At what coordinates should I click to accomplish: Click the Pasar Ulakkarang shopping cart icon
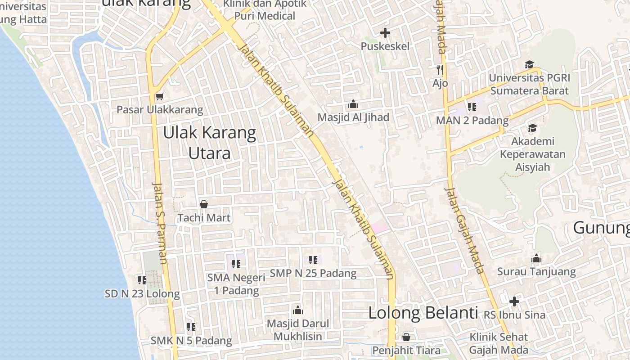pyautogui.click(x=159, y=96)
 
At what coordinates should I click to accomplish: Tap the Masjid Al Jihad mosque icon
pyautogui.click(x=353, y=104)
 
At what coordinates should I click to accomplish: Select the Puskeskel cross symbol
pyautogui.click(x=385, y=33)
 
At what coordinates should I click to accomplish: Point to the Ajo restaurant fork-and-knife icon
pyautogui.click(x=440, y=70)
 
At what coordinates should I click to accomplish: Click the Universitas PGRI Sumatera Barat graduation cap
pyautogui.click(x=529, y=65)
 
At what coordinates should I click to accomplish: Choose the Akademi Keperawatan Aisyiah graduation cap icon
pyautogui.click(x=532, y=128)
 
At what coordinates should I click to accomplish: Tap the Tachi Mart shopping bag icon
pyautogui.click(x=204, y=205)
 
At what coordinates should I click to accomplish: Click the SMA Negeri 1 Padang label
pyautogui.click(x=236, y=284)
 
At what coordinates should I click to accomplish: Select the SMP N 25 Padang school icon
pyautogui.click(x=313, y=260)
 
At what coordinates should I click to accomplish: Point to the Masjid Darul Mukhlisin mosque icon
pyautogui.click(x=297, y=310)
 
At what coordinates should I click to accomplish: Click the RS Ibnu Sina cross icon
pyautogui.click(x=514, y=301)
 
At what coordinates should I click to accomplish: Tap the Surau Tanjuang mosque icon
pyautogui.click(x=536, y=259)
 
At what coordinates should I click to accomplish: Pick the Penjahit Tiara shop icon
pyautogui.click(x=406, y=337)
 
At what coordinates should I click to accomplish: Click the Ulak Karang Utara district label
pyautogui.click(x=210, y=143)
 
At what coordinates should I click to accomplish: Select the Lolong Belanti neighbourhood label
pyautogui.click(x=423, y=313)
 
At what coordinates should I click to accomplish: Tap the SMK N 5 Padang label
pyautogui.click(x=191, y=341)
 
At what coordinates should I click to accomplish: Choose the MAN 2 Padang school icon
pyautogui.click(x=472, y=107)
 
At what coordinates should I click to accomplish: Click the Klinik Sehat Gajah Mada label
pyautogui.click(x=499, y=343)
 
